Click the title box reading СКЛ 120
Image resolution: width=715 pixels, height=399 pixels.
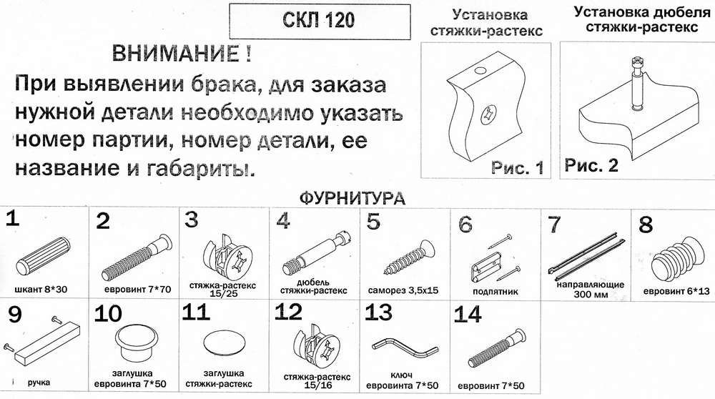point(319,21)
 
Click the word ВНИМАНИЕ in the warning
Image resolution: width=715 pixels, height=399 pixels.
point(175,54)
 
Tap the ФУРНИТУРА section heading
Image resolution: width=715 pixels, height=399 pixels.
point(352,198)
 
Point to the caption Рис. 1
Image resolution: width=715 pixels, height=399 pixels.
point(517,167)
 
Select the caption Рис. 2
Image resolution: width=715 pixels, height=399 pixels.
point(591,164)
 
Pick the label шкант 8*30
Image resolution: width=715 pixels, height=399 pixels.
point(41,289)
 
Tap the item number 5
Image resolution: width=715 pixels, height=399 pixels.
point(373,222)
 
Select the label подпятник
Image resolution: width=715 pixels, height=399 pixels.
point(495,291)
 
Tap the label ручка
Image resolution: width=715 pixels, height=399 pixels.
point(39,382)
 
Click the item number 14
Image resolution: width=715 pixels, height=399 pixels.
point(468,315)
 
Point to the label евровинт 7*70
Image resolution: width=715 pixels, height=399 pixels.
point(138,290)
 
